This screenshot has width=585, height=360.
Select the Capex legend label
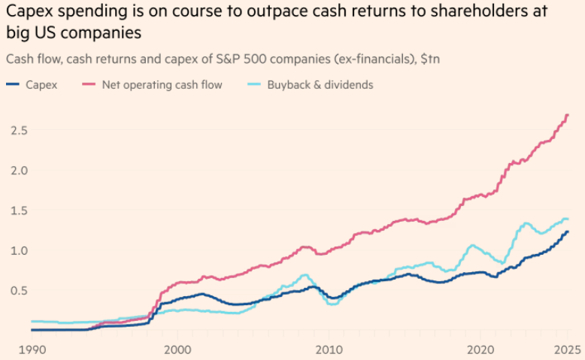click(x=41, y=85)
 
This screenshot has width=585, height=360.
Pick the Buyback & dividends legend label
click(x=320, y=85)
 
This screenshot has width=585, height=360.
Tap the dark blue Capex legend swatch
click(x=13, y=85)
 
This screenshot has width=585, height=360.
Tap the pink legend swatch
click(x=108, y=85)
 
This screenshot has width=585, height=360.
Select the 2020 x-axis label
click(x=480, y=349)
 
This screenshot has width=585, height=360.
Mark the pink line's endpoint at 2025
click(x=568, y=115)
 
